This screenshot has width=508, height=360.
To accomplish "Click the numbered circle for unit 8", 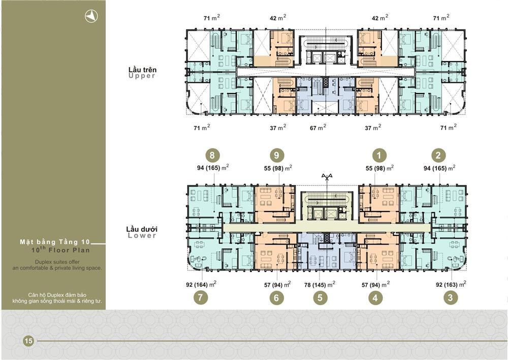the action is coord(212,155).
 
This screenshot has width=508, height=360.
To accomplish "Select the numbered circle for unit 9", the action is coord(276,155).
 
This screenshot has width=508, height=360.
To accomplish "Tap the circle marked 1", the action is coord(379,156).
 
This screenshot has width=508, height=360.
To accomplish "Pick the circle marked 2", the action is coord(438,156).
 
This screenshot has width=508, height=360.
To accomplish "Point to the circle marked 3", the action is coord(450,297).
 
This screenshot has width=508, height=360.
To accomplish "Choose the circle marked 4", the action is coord(375,297).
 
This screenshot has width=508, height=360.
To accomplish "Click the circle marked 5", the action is coord(320,297).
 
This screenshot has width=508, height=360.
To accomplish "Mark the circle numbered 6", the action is coord(276,297).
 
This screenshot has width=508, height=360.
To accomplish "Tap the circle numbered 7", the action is coord(201,297).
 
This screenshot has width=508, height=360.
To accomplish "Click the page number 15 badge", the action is coord(28,341).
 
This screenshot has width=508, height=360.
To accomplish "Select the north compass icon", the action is coord(91,16).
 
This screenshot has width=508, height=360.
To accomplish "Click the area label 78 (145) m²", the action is coord(320,284).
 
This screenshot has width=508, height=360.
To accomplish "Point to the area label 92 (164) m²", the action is coord(201,284).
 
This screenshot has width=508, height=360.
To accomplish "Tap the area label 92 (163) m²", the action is coord(451,284).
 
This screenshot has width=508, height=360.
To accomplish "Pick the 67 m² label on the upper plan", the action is coord(318,128).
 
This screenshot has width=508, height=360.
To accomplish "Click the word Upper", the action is coord(142,76).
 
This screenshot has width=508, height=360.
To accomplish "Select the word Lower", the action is coord(142,236).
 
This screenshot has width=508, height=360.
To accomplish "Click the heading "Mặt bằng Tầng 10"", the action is coord(55,242).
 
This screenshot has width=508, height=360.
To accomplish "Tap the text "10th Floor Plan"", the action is coord(60,250).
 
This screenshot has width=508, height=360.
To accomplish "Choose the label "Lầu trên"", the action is coord(142,69).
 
